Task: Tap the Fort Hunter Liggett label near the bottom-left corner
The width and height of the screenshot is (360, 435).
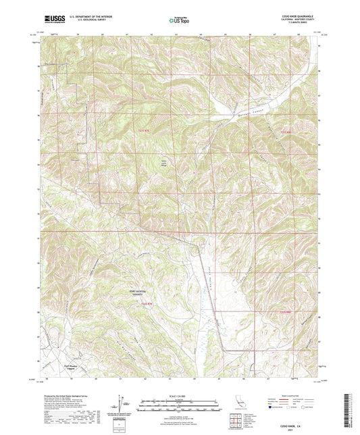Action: (74, 369)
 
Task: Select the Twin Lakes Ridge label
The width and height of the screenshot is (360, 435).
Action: (161, 163)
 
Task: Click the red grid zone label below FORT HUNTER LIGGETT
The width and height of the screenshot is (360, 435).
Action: (150, 304)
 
